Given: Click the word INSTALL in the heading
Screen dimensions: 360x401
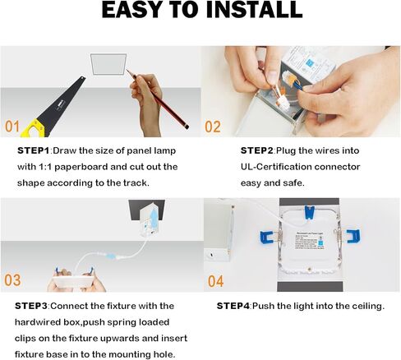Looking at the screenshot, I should (x=245, y=12).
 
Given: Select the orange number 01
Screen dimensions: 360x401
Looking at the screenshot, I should (x=12, y=127).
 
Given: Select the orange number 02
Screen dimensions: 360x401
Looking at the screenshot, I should (x=213, y=127).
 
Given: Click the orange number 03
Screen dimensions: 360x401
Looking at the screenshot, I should (x=12, y=280).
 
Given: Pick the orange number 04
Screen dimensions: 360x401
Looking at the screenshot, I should (x=214, y=280).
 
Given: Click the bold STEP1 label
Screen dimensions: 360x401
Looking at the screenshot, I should (x=34, y=151).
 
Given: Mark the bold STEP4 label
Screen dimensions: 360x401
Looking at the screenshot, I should (x=233, y=306).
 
